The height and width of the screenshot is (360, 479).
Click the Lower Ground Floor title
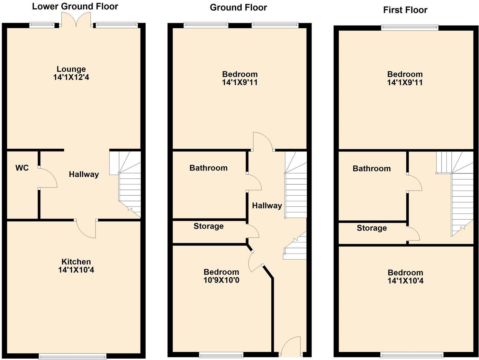pyautogui.click(x=75, y=6)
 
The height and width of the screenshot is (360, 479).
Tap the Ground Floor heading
pyautogui.click(x=238, y=7)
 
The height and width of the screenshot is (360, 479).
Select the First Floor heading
pyautogui.click(x=405, y=10)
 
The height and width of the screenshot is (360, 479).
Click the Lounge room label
pyautogui.click(x=71, y=69)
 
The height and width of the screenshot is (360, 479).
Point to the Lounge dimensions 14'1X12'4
pyautogui.click(x=71, y=77)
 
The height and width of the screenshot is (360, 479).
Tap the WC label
pyautogui.click(x=22, y=168)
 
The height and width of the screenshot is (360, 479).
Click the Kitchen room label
pyautogui.click(x=76, y=262)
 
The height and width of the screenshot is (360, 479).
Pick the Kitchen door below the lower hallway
pyautogui.click(x=86, y=229)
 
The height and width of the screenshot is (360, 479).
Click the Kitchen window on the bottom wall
pyautogui.click(x=72, y=356)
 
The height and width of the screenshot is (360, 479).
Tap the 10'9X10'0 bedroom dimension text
pyautogui.click(x=221, y=280)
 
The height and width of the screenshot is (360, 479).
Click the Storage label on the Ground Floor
pyautogui.click(x=208, y=226)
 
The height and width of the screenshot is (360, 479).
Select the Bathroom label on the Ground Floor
pyautogui.click(x=208, y=168)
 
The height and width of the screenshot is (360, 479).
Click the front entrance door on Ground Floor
pyautogui.click(x=291, y=347)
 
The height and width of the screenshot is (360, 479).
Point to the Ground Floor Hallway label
pyautogui.click(x=267, y=206)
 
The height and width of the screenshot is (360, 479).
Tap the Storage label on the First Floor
pyautogui.click(x=372, y=228)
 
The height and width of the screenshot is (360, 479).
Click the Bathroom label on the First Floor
pyautogui.click(x=372, y=169)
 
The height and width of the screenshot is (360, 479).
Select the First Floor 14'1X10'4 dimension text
pyautogui.click(x=405, y=281)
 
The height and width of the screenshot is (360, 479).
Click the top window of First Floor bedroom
pyautogui.click(x=410, y=28)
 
